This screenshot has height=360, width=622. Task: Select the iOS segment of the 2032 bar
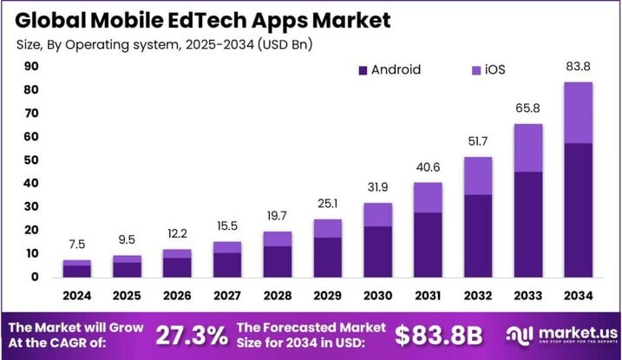tap(478, 176)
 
